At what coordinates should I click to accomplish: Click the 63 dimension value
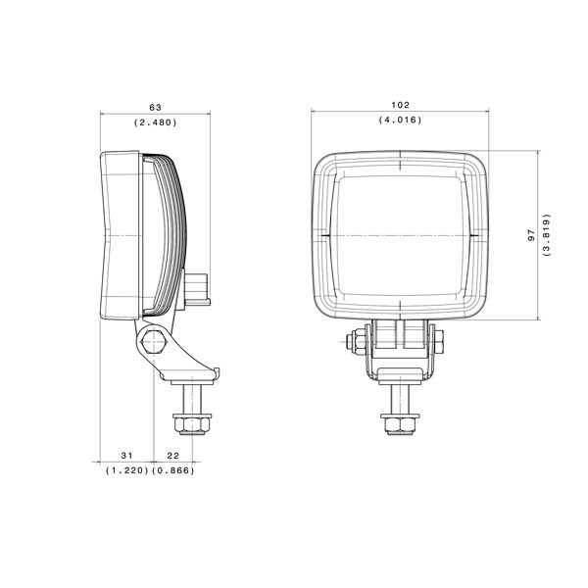pyautogui.click(x=155, y=107)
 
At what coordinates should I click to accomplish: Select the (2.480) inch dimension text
pyautogui.click(x=155, y=122)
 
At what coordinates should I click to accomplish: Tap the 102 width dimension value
pyautogui.click(x=401, y=105)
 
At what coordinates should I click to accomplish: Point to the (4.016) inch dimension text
pyautogui.click(x=400, y=120)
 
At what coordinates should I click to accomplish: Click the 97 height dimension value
pyautogui.click(x=531, y=235)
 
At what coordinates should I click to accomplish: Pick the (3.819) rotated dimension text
pyautogui.click(x=547, y=235)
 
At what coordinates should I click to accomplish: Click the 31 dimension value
pyautogui.click(x=126, y=456)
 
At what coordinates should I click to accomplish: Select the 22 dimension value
pyautogui.click(x=172, y=456)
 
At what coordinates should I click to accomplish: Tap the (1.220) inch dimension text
pyautogui.click(x=127, y=470)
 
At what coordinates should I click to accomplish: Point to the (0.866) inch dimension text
pyautogui.click(x=173, y=470)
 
